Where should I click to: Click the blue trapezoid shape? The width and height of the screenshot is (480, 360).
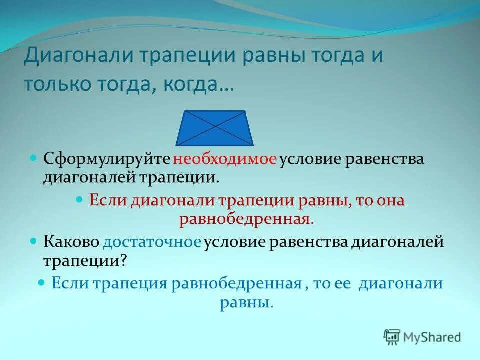pyautogui.click(x=216, y=127)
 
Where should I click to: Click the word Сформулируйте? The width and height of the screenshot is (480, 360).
pyautogui.click(x=107, y=160)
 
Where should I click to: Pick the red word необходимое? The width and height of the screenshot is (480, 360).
pyautogui.click(x=225, y=160)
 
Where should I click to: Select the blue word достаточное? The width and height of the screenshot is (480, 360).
pyautogui.click(x=152, y=242)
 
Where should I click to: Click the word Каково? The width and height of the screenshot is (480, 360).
pyautogui.click(x=71, y=242)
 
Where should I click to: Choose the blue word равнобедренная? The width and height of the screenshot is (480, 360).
pyautogui.click(x=236, y=283)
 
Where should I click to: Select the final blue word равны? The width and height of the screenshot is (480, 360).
pyautogui.click(x=246, y=302)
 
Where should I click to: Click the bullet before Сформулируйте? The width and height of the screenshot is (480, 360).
pyautogui.click(x=34, y=158)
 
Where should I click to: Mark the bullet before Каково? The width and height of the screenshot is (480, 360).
pyautogui.click(x=34, y=240)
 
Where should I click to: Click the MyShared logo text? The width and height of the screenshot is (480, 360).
pyautogui.click(x=433, y=337)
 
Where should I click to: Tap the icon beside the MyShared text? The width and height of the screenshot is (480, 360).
pyautogui.click(x=392, y=337)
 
